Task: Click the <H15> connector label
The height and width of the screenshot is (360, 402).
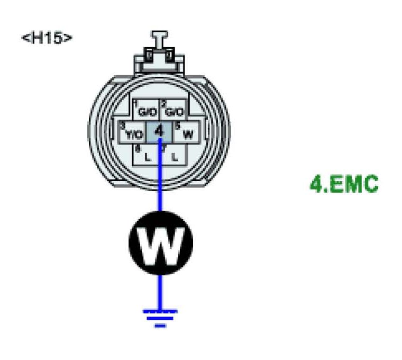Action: point(47,39)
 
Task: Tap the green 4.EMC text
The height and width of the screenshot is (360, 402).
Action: point(344,185)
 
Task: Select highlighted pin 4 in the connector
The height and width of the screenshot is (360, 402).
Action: point(159,130)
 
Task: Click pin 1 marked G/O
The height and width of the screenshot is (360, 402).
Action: point(145,110)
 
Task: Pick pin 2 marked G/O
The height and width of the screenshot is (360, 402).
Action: point(173,110)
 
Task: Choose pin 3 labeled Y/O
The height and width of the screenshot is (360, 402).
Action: point(131,132)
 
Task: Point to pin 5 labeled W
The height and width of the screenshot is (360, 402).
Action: point(187,132)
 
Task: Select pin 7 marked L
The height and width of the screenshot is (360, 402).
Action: point(173,155)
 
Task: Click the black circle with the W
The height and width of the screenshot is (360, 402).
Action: point(160,242)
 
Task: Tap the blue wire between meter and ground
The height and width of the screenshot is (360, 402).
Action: point(160,291)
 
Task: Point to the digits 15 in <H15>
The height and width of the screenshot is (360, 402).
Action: point(59,39)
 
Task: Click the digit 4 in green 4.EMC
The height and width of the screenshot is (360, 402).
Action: point(315,185)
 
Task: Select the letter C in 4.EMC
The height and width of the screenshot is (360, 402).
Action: point(370,185)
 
